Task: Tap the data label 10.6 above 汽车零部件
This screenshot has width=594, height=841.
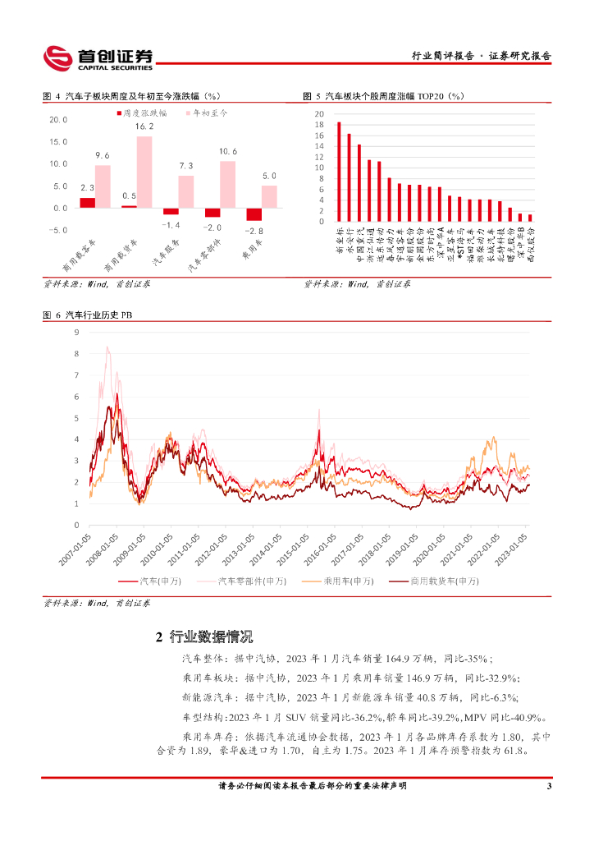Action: [228, 152]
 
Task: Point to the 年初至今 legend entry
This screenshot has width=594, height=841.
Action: [205, 111]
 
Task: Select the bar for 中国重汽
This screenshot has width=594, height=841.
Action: [359, 183]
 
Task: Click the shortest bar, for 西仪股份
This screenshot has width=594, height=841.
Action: [529, 218]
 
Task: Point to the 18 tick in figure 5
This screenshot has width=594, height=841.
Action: [320, 125]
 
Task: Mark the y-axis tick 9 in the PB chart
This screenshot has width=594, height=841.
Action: [75, 333]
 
